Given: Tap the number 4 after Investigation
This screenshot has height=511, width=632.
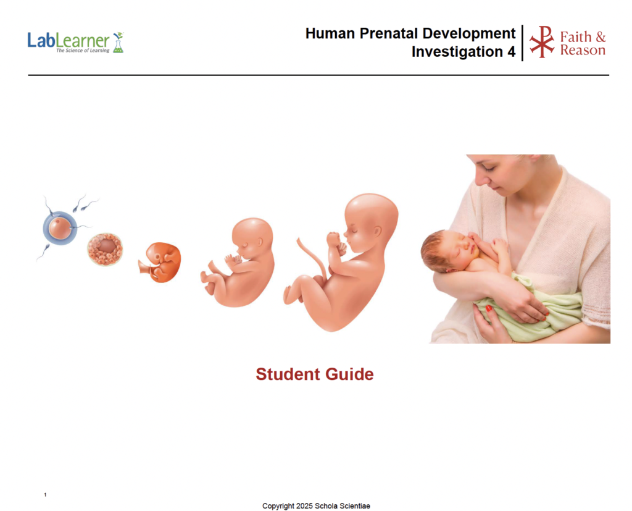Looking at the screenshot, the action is click(x=511, y=52).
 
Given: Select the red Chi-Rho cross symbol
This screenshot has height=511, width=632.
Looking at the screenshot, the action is click(x=542, y=42).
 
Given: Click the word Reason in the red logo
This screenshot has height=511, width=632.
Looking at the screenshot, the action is click(x=583, y=50).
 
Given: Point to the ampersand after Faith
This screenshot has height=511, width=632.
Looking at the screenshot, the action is click(x=600, y=37).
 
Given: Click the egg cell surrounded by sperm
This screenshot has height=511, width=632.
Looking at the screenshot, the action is click(x=60, y=228).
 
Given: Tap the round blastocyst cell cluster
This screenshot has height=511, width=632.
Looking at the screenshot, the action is click(x=105, y=249).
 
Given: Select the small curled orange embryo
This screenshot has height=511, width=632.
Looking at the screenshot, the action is click(x=160, y=262).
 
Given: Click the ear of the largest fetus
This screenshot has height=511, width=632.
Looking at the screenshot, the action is click(x=377, y=231).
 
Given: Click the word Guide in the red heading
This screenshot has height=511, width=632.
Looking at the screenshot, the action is click(x=349, y=374).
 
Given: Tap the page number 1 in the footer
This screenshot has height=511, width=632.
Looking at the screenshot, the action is click(x=45, y=494).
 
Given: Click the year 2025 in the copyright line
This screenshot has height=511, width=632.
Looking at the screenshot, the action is click(x=304, y=506).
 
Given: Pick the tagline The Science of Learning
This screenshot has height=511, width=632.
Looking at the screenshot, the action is click(x=83, y=51).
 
